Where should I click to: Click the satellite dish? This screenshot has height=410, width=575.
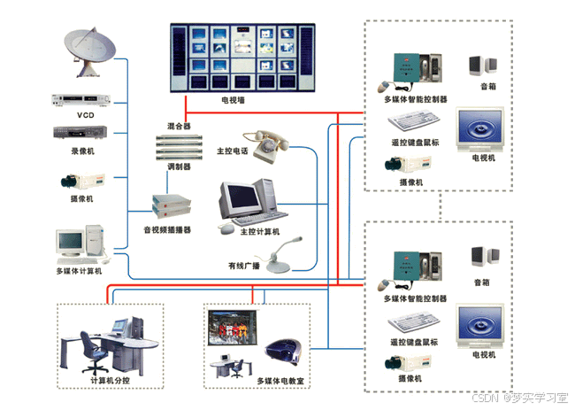tap(91, 51)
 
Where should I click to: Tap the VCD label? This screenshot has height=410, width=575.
tap(85, 115)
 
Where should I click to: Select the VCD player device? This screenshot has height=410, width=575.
tap(85, 100)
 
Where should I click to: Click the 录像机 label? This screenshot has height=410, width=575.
tap(84, 151)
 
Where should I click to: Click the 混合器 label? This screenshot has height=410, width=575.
tap(179, 127)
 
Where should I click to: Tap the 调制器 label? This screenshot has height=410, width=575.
tap(179, 165)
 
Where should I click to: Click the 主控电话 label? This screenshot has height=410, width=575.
tap(232, 151)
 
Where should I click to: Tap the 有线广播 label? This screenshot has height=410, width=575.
tap(243, 265)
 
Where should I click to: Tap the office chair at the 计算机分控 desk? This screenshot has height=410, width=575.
tap(90, 351)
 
